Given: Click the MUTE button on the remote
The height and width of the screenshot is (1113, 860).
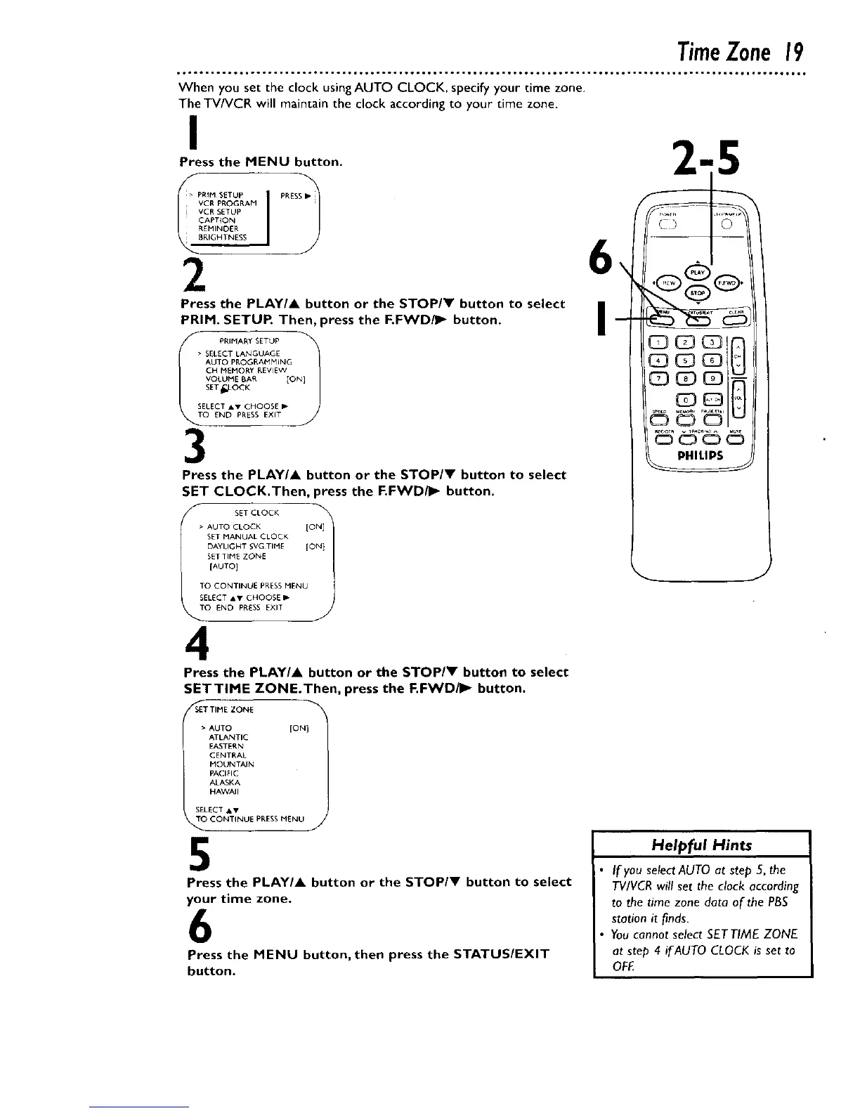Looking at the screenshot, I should [x=735, y=440].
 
